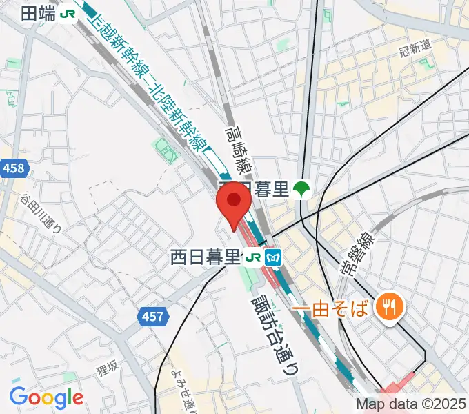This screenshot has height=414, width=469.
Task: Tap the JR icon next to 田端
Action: pos(68,13)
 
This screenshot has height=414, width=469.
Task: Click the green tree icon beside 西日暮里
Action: pos(301,189)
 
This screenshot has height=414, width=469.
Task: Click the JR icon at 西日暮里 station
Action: pos(252,258)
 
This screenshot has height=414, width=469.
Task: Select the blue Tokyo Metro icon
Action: pos(273,258)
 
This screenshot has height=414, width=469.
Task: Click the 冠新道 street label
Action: pos(415,48)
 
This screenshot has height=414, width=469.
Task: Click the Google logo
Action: pos(46,397)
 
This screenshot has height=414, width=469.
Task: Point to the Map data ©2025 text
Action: pos(410,404)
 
